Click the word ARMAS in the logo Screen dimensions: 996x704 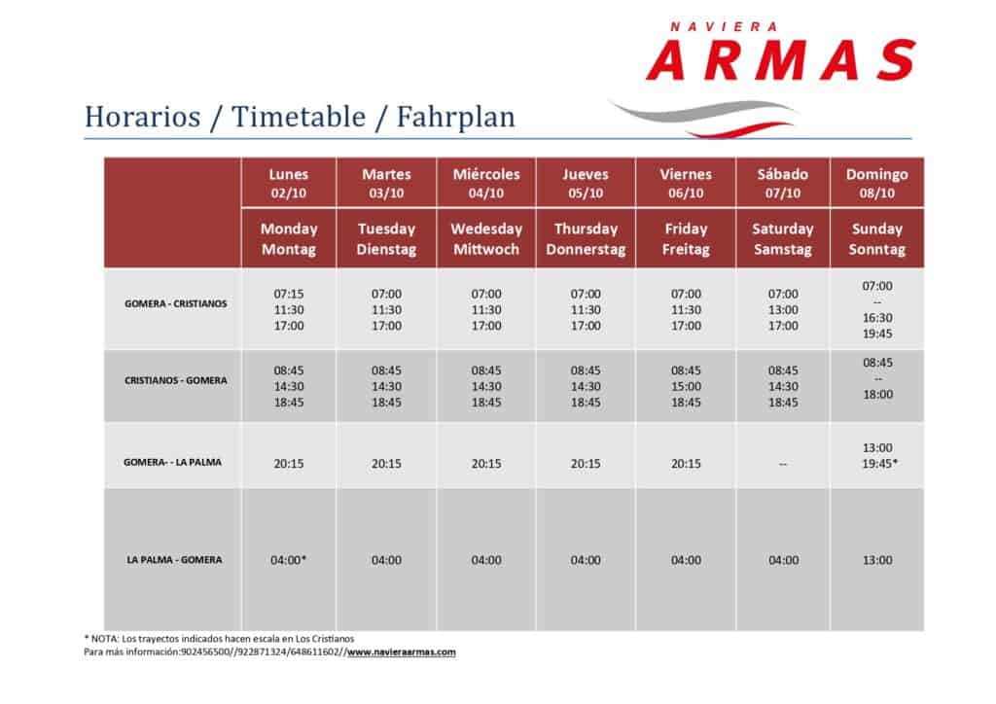781,60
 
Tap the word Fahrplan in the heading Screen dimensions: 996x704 456,118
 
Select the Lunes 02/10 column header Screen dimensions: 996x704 288,183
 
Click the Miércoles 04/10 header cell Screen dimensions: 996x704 486,183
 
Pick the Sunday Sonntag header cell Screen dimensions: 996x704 877,238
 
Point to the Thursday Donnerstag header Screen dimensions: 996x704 586,238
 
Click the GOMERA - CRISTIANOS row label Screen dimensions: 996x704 176,304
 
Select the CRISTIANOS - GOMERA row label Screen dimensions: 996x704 176,381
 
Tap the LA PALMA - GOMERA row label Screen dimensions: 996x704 175,560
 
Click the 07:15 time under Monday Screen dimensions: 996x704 289,294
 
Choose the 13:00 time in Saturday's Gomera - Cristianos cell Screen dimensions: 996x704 783,310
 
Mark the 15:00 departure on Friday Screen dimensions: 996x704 686,387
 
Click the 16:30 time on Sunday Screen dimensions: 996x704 877,317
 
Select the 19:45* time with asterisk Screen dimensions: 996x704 879,464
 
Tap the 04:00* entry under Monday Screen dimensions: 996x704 288,560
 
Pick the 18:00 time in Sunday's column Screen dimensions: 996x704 878,394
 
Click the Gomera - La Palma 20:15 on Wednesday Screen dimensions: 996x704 486,464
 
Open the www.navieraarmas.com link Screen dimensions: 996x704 402,651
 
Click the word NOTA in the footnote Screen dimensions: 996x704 104,639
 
